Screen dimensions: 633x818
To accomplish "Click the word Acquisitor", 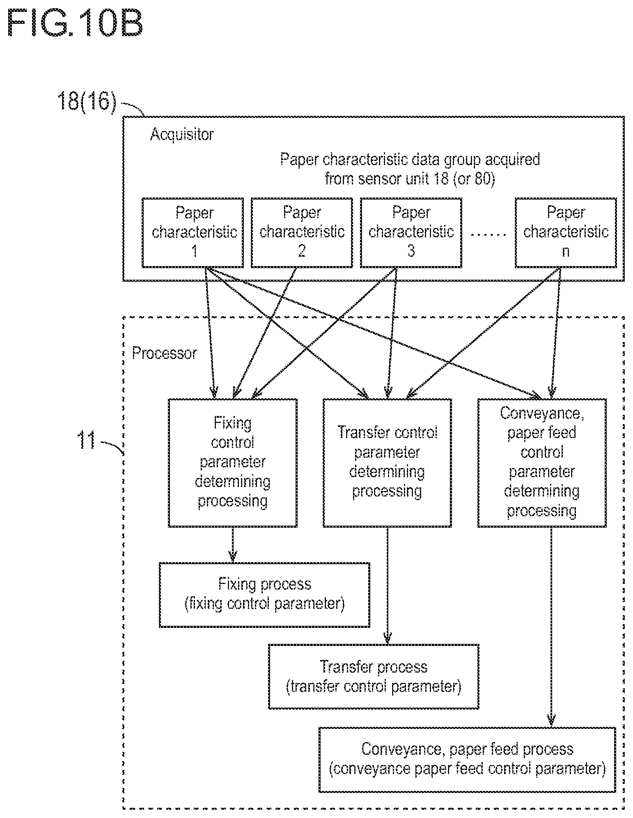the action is pos(182,134).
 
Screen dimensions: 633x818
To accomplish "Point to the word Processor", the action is pos(164,353).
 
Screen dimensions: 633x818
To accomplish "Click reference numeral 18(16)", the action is pos(87,101).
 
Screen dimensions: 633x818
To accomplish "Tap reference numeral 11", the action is pos(86,440).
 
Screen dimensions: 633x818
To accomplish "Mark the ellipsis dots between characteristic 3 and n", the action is pos(489,234).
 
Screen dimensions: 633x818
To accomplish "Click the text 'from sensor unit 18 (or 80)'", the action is pos(410,179).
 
